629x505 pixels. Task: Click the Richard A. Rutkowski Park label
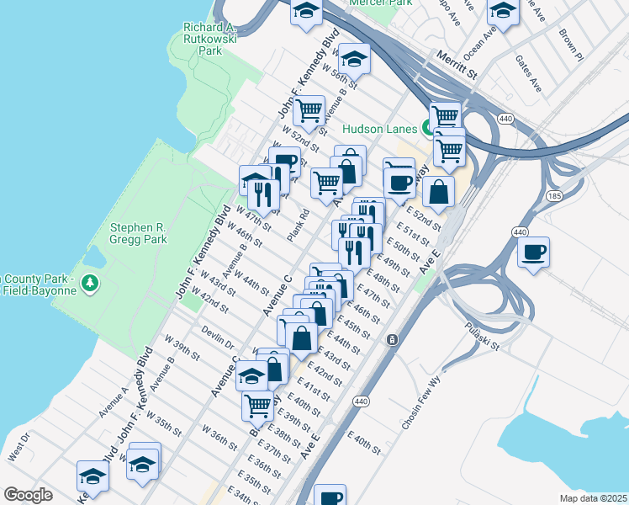click(210, 38)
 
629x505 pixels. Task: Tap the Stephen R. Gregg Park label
click(139, 233)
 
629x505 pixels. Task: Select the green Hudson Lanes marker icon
click(428, 129)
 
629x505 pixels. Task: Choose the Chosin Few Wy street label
click(423, 402)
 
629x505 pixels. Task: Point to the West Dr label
click(18, 445)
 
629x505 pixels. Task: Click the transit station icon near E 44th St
click(392, 339)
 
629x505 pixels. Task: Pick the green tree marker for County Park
click(90, 284)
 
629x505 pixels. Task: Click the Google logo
click(27, 495)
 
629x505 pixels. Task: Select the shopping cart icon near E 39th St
click(257, 405)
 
